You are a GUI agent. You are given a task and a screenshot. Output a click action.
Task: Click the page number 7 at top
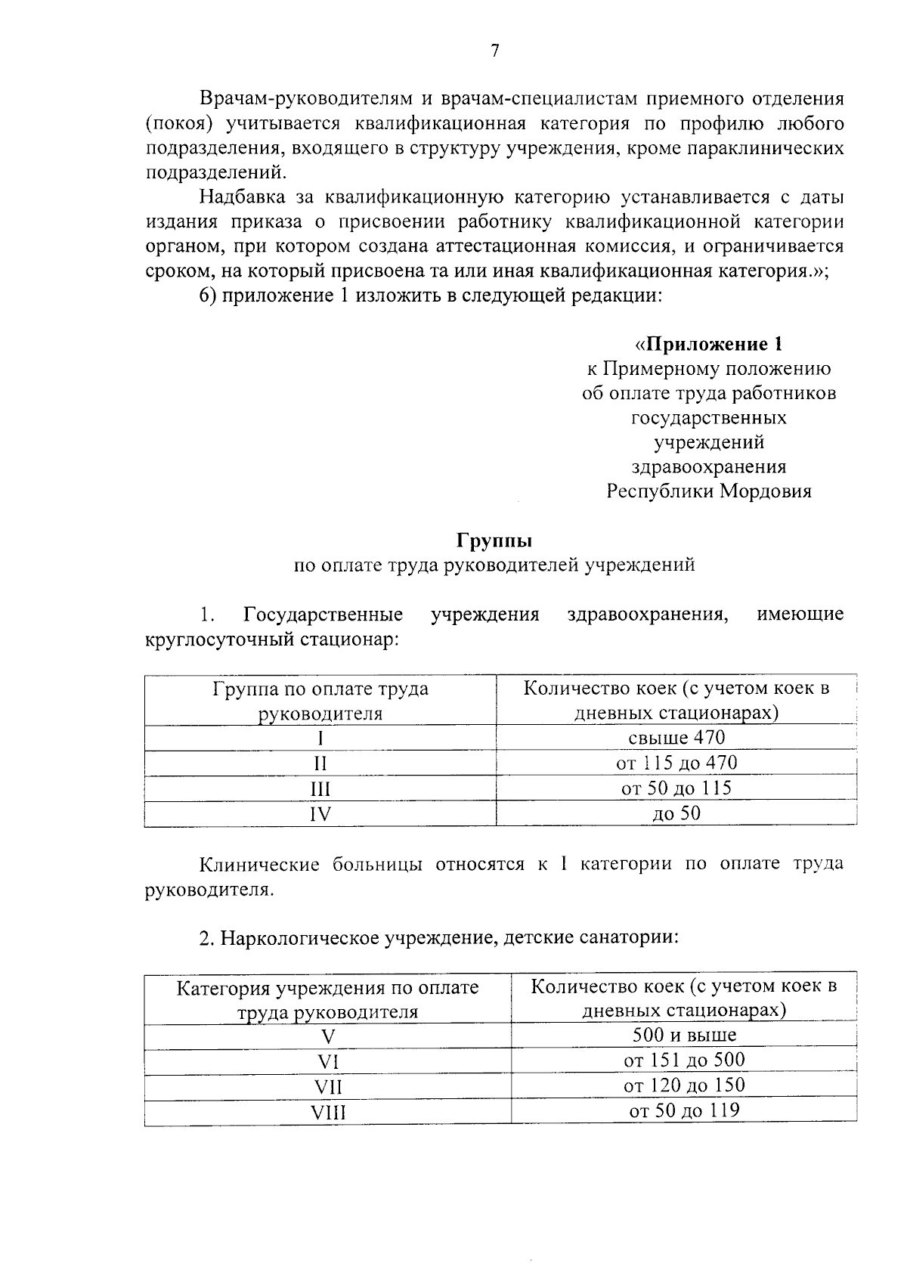click(495, 51)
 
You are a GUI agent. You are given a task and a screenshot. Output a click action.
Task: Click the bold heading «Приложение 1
click(709, 345)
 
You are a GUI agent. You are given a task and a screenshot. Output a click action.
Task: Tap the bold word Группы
click(494, 541)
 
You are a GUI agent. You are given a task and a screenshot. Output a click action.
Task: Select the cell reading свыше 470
click(676, 737)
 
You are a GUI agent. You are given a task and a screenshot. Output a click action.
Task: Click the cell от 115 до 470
click(676, 763)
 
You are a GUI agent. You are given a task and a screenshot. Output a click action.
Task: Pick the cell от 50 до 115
click(676, 788)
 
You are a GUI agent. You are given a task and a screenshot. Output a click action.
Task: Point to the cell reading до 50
click(676, 813)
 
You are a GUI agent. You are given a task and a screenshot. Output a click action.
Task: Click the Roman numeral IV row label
click(320, 814)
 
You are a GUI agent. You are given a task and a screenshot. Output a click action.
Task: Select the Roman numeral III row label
click(320, 789)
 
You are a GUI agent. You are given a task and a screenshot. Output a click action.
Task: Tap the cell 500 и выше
click(684, 1035)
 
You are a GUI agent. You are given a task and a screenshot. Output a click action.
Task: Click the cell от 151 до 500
click(684, 1060)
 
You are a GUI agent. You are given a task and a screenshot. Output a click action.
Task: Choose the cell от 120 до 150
click(684, 1085)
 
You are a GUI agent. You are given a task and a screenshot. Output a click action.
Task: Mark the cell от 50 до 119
click(684, 1110)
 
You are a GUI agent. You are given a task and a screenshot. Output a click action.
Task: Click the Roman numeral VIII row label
click(328, 1113)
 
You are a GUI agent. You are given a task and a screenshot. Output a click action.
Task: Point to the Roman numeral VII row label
click(328, 1088)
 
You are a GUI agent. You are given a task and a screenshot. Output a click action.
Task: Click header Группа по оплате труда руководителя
click(320, 701)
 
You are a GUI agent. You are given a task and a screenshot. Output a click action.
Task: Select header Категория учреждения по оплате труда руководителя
click(328, 999)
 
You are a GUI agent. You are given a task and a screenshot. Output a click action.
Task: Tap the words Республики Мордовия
click(709, 491)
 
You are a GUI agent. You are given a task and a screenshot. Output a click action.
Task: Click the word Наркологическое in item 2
click(299, 938)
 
